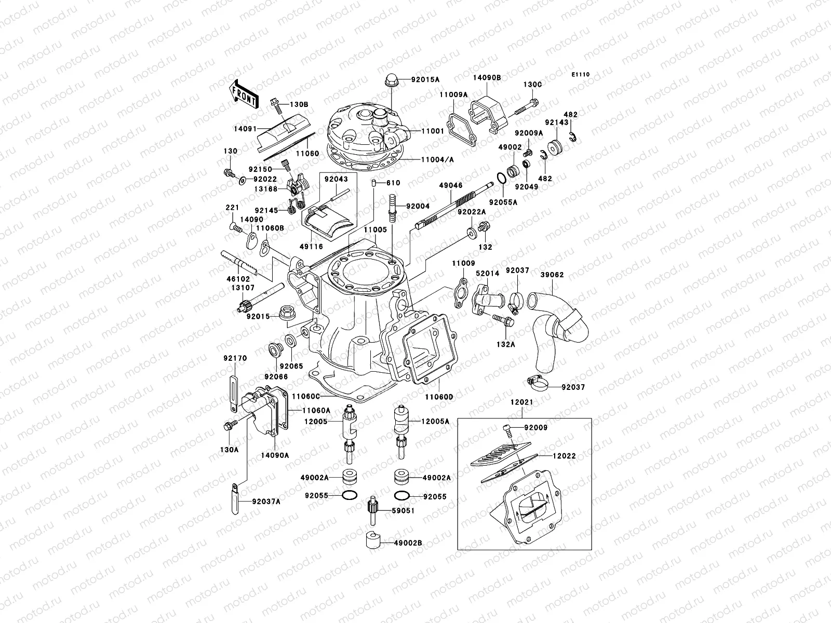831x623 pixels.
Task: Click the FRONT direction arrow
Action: (x=244, y=94)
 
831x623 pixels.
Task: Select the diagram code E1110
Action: (x=581, y=75)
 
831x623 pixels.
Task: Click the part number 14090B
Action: (x=486, y=77)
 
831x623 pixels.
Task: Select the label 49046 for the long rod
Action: (x=449, y=184)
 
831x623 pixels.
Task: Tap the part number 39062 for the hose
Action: (x=552, y=275)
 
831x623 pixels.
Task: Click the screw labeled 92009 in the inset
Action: (x=507, y=429)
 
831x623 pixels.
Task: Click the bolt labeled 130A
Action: (x=227, y=426)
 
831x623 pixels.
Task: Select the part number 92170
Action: (x=235, y=358)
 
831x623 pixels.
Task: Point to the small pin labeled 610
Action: (x=373, y=183)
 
